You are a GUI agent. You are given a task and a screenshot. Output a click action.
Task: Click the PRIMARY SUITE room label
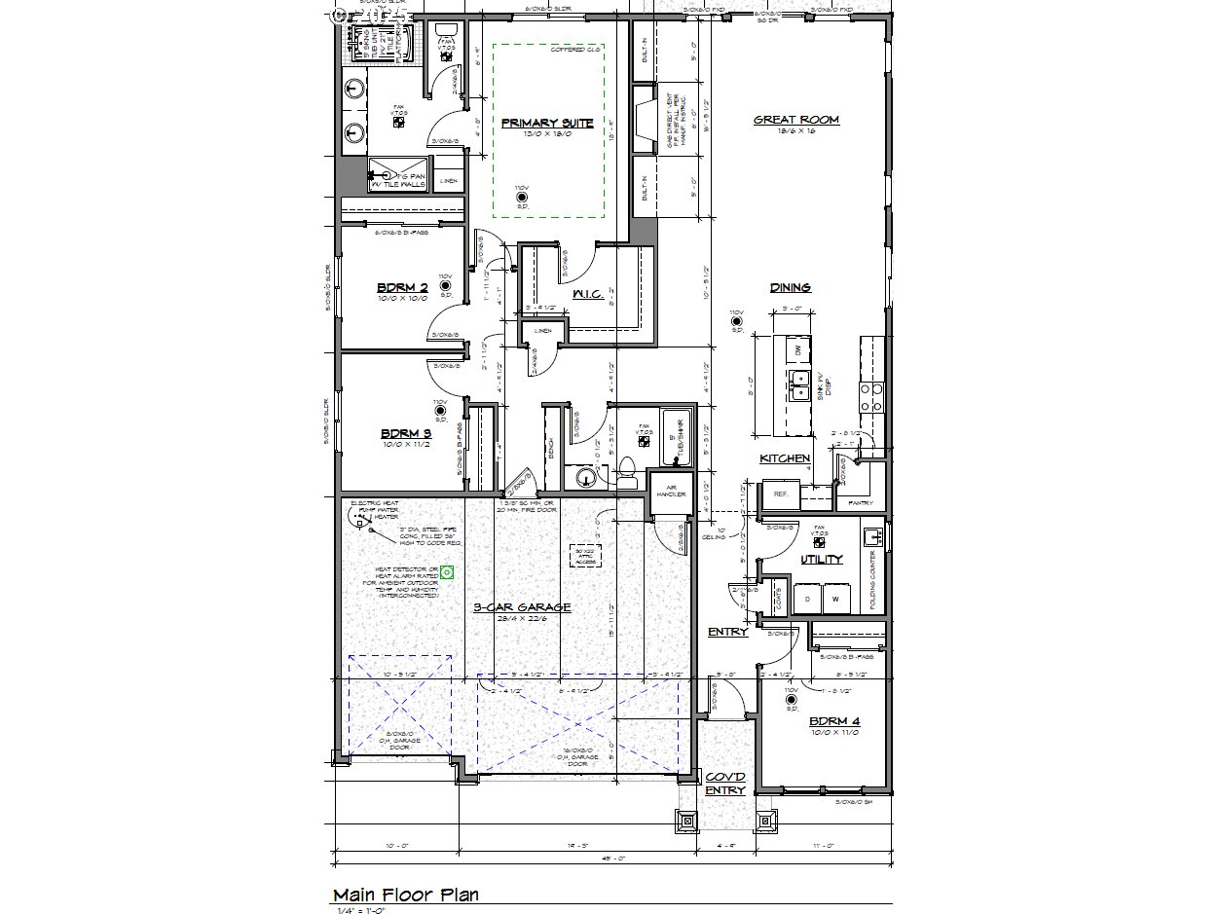(547, 124)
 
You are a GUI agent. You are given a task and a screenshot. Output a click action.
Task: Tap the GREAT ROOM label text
(795, 121)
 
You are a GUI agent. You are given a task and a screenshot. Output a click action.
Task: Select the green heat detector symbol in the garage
(447, 572)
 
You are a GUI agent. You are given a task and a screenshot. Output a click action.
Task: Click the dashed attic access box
(586, 554)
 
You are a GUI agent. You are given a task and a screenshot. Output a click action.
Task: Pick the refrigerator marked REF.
(780, 494)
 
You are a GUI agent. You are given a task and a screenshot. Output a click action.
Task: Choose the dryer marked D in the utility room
(807, 598)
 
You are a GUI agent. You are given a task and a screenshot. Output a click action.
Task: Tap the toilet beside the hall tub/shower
(628, 474)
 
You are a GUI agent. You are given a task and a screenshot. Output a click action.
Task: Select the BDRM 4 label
(833, 722)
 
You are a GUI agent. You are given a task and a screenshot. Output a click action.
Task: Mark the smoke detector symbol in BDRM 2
(446, 285)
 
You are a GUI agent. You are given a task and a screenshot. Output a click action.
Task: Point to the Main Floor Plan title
(405, 895)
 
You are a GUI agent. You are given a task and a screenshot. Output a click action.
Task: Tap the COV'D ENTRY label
(724, 784)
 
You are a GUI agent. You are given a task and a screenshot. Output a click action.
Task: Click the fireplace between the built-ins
(644, 121)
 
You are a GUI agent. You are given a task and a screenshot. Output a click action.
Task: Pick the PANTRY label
(861, 503)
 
